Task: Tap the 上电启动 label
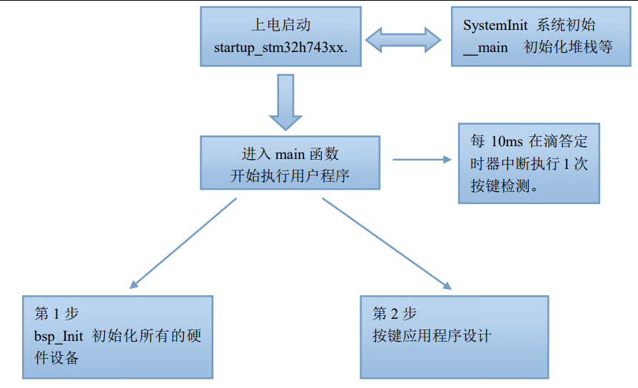click(281, 26)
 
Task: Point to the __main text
click(485, 48)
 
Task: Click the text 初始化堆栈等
click(568, 48)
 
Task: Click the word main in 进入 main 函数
click(290, 154)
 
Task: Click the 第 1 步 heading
click(56, 314)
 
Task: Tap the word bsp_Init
click(59, 336)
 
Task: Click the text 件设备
click(56, 358)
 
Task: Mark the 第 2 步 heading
click(395, 314)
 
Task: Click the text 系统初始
click(568, 26)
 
